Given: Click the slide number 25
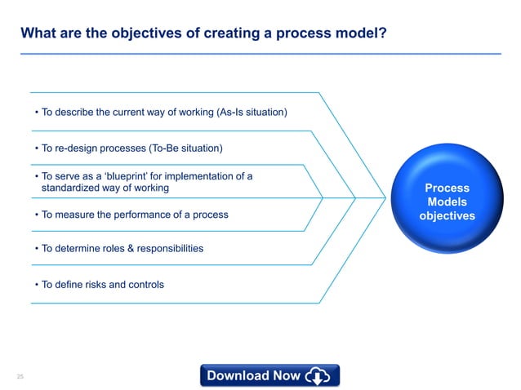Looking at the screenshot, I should pos(20,375).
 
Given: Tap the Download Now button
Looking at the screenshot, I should pos(269,375).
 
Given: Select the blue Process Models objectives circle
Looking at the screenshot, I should pos(447,202).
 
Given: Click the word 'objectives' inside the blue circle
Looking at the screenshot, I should pos(447,216).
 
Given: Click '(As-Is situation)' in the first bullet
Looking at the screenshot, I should pos(252,112).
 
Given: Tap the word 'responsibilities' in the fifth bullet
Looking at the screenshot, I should pos(166,247).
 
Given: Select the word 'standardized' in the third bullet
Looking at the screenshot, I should pos(73,188).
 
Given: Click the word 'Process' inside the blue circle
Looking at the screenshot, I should pos(447,188).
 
